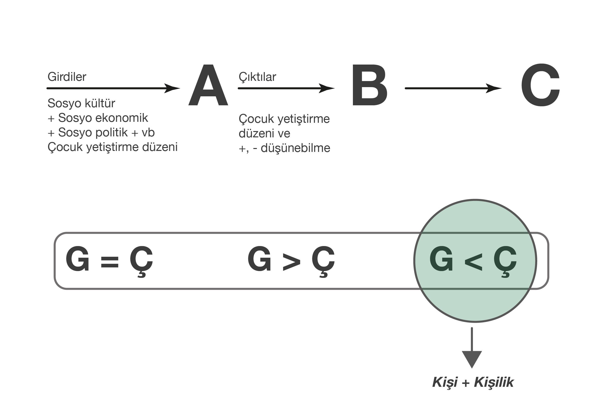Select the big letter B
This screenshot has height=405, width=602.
coord(369,85)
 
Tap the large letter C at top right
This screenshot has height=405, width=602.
coord(540,85)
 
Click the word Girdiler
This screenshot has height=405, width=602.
coord(67,77)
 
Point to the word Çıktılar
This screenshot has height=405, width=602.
coord(257,77)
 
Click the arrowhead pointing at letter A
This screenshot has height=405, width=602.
coord(172,88)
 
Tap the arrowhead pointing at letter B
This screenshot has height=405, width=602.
coord(326,88)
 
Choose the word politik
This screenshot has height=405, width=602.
coord(111,132)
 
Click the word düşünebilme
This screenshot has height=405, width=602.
coord(295,148)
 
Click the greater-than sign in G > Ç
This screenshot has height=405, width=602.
coord(292,262)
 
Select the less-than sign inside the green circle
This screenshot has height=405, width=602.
coord(473,262)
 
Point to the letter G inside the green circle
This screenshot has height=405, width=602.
coord(441,259)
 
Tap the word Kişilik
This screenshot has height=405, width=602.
coord(494,382)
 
